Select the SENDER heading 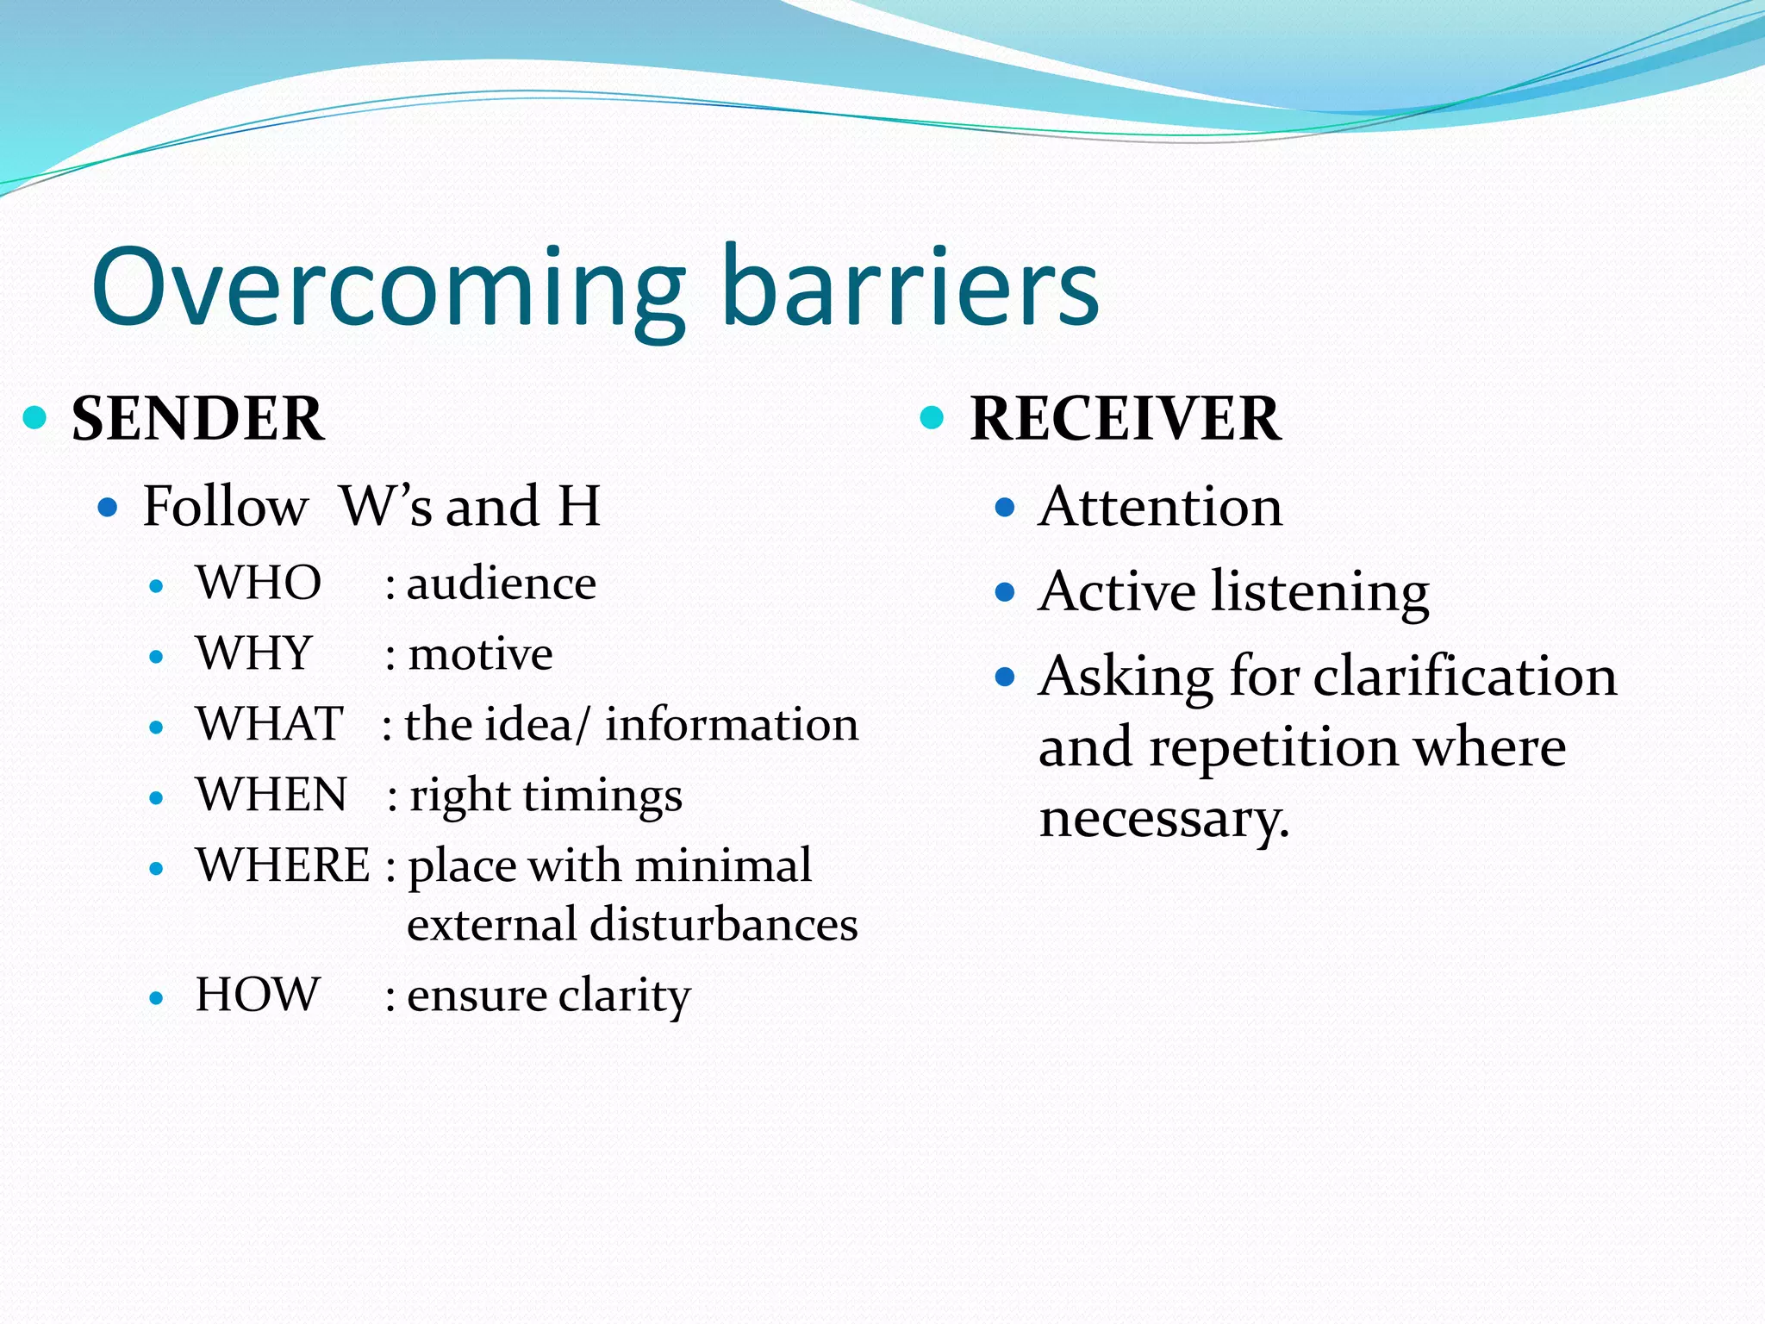pyautogui.click(x=197, y=419)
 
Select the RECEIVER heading pyautogui.click(x=1125, y=419)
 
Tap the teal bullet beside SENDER pyautogui.click(x=34, y=418)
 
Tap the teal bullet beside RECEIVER pyautogui.click(x=932, y=418)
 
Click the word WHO pyautogui.click(x=259, y=584)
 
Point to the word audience pyautogui.click(x=501, y=584)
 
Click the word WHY pyautogui.click(x=253, y=653)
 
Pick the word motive pyautogui.click(x=480, y=654)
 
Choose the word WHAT pyautogui.click(x=269, y=724)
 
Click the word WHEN pyautogui.click(x=271, y=795)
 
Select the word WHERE pyautogui.click(x=283, y=865)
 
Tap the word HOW pyautogui.click(x=257, y=995)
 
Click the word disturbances pyautogui.click(x=723, y=925)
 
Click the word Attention pyautogui.click(x=1160, y=507)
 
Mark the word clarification pyautogui.click(x=1465, y=676)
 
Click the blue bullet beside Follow pyautogui.click(x=108, y=506)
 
